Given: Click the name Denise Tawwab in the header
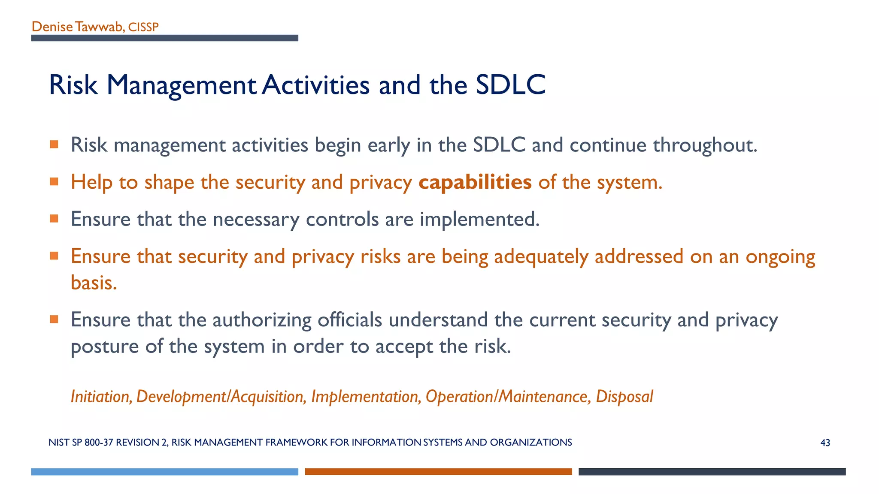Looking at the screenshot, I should point(77,27).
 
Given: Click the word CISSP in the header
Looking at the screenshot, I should point(143,27).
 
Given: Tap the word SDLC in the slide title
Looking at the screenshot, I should point(510,84).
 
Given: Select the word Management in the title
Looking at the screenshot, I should point(182,85).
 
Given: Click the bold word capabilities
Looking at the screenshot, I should point(475,182).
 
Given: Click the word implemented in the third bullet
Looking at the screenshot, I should point(479,220).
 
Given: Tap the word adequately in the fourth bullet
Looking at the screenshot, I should point(541,257).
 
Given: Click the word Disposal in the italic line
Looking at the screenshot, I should point(624,396).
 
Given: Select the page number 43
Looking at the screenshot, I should point(825,443).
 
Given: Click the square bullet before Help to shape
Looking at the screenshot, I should point(54,182).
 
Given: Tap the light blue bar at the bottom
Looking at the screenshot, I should point(164,472).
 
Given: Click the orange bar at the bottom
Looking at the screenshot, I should point(438,472).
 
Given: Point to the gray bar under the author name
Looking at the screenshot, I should point(164,38).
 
